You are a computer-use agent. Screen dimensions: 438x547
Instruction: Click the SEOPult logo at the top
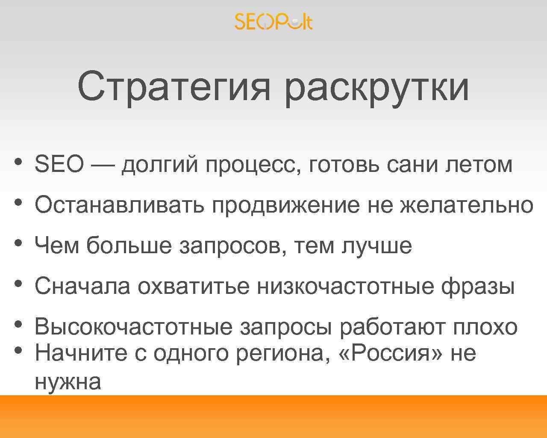pos(273,21)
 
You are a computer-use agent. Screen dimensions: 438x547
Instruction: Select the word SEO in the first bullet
pos(59,164)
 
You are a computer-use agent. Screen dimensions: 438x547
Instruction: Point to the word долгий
pos(160,165)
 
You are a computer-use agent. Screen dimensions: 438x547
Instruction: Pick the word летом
pos(479,164)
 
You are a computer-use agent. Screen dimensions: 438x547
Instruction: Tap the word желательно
pos(467,206)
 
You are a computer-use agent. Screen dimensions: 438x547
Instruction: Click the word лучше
pos(376,246)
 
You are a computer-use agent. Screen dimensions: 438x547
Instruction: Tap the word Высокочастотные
pos(133,328)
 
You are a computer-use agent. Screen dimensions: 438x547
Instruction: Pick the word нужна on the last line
pos(68,382)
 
